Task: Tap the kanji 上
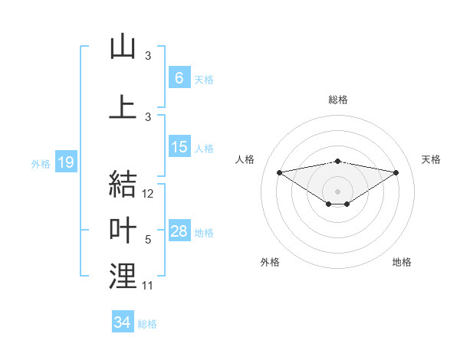point(123,107)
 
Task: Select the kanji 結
point(123,184)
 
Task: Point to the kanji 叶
point(123,230)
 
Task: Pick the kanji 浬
point(123,276)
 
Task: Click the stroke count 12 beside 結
point(149,195)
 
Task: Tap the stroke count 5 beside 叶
point(148,240)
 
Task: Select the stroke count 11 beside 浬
point(148,286)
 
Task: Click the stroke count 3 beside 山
point(148,56)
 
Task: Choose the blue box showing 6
point(179,78)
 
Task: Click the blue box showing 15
point(179,147)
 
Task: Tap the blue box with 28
point(179,231)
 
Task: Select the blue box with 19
point(65,162)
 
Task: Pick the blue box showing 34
point(122,322)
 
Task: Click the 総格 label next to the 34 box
point(147,324)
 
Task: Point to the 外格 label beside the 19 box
point(41,164)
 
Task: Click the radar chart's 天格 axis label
point(432,159)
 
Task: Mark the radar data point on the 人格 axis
point(279,172)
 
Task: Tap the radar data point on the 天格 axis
point(396,172)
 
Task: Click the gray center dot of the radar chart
point(337,191)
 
